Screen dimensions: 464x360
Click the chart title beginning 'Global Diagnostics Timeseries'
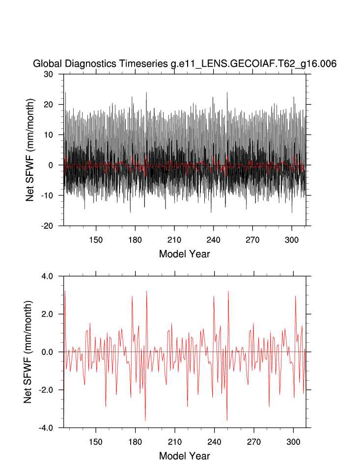coord(184,64)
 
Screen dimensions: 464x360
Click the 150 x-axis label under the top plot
coord(96,240)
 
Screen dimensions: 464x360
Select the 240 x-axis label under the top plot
coord(213,240)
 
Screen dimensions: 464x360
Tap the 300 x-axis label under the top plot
coord(292,240)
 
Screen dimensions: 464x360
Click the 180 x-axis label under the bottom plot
coord(135,441)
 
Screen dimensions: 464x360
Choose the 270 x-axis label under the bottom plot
coord(252,441)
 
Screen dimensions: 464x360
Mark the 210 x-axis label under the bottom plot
coord(174,441)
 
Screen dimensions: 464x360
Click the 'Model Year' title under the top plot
coord(184,254)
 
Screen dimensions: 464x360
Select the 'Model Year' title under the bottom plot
coord(184,456)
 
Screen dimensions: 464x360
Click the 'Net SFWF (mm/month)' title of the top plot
coord(30,150)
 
